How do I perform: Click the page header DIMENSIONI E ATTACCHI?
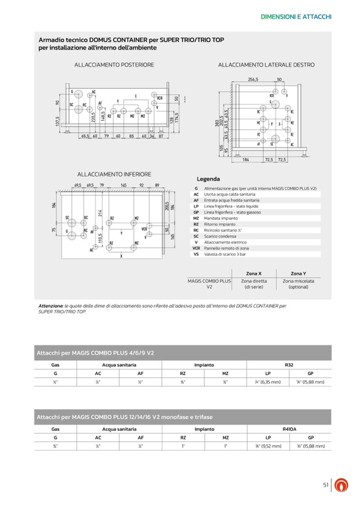[296, 17]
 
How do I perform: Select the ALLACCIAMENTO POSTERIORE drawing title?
[114, 65]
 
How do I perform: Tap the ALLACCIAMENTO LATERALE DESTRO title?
[266, 65]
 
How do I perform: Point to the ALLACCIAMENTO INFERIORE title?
[114, 174]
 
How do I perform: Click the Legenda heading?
[208, 179]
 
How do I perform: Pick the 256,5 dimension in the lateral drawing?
[253, 80]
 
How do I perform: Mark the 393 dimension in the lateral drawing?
[218, 123]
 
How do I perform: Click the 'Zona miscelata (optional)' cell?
[298, 284]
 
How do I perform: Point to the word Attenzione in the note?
[51, 306]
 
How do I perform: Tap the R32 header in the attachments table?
[289, 365]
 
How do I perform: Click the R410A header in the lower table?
[289, 428]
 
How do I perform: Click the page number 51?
[326, 484]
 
